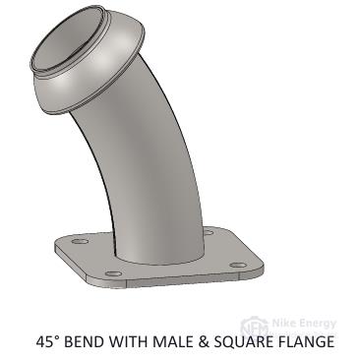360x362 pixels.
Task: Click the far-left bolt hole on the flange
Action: [x=81, y=241]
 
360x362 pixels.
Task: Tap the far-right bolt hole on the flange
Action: [x=238, y=265]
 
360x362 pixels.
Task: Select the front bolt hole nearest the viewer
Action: [x=114, y=273]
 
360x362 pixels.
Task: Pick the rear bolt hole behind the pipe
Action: [x=209, y=232]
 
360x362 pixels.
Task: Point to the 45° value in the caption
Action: [x=48, y=341]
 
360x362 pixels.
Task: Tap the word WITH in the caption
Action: [x=129, y=341]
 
